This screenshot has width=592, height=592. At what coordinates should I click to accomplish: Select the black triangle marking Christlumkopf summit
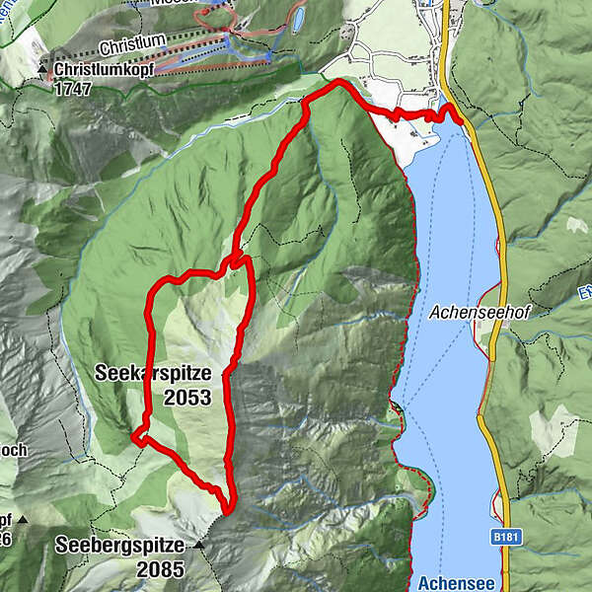[44, 72]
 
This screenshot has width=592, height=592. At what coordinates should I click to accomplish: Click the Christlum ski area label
[130, 47]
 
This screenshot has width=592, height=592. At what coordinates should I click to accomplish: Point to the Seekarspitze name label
[153, 374]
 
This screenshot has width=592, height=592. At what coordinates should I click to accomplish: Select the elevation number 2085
[161, 569]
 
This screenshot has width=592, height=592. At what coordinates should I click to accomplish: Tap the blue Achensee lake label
[449, 583]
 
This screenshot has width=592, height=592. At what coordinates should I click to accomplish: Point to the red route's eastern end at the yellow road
[461, 120]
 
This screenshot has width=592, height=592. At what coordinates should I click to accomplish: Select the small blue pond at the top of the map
[297, 19]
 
